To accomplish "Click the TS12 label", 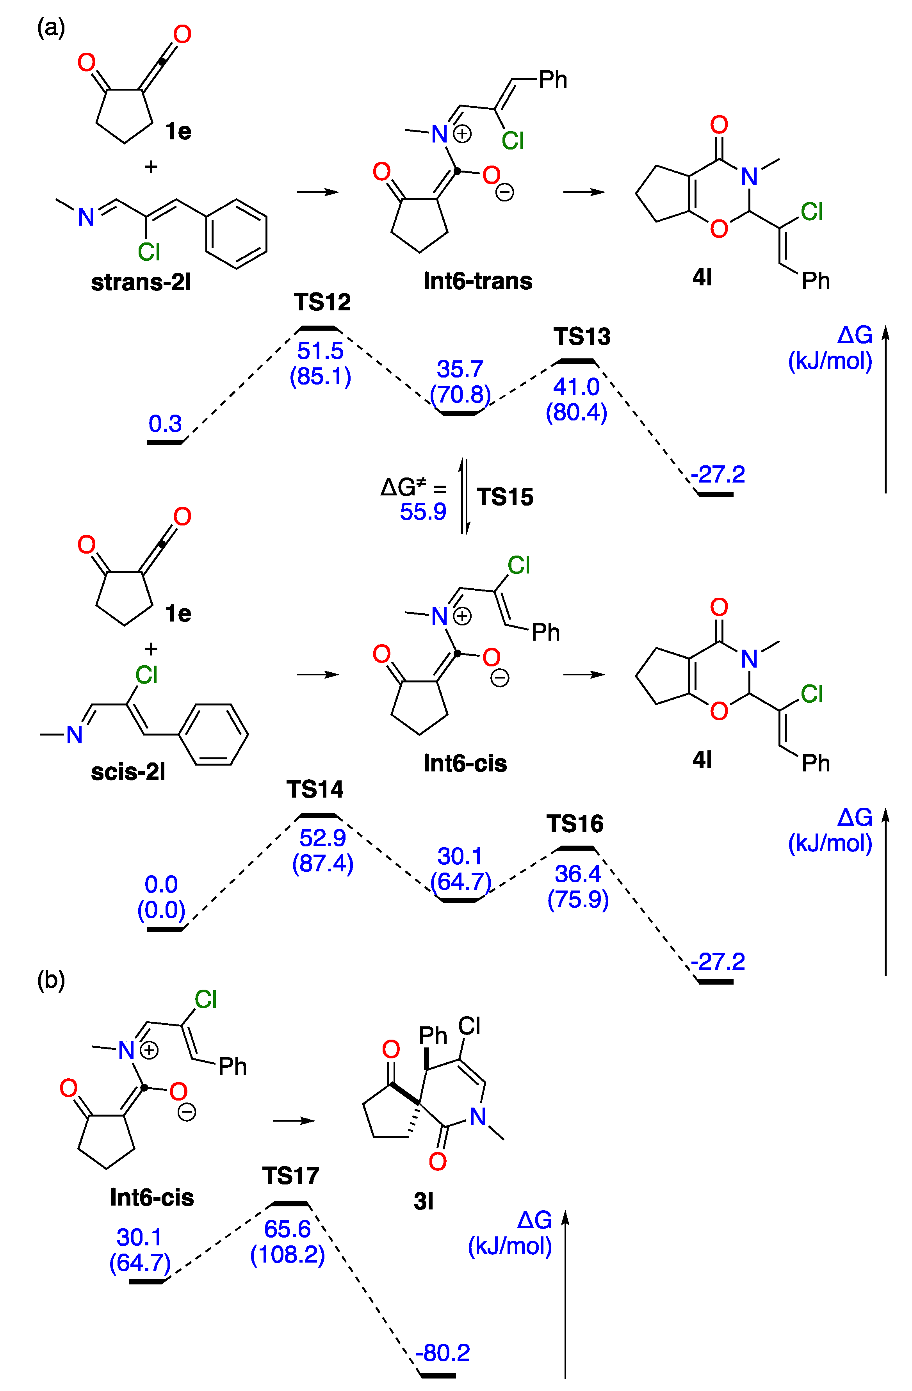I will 322,302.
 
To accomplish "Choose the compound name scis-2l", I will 128,772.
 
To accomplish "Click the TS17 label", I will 290,1175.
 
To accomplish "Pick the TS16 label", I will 575,824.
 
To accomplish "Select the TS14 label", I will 315,790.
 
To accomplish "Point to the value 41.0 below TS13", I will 576,387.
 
